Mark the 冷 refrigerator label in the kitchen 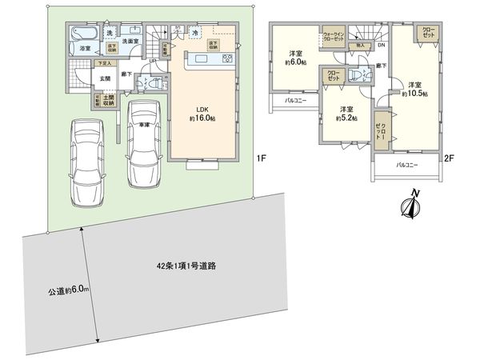(x=194, y=33)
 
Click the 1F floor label (x=261, y=158)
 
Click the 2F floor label (x=450, y=158)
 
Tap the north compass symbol (x=410, y=206)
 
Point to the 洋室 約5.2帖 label (x=346, y=114)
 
